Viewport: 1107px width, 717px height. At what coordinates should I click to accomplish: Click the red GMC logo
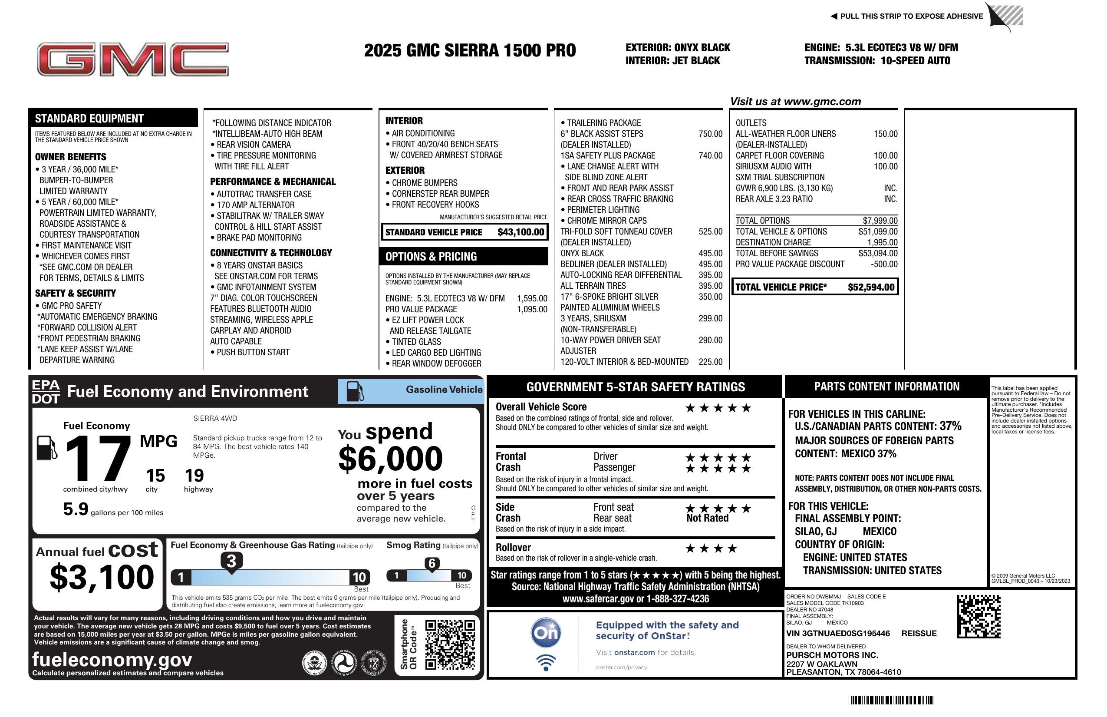tap(132, 59)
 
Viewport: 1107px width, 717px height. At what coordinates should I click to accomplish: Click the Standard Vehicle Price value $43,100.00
tap(521, 232)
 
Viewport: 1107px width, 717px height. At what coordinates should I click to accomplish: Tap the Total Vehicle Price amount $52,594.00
tap(871, 287)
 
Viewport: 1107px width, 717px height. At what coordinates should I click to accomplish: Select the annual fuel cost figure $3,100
tap(102, 578)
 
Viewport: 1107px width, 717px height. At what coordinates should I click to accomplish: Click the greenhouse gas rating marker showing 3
tap(231, 561)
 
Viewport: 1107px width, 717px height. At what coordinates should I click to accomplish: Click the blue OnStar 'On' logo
tap(546, 633)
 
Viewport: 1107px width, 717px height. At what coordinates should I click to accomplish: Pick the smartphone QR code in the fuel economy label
tap(450, 644)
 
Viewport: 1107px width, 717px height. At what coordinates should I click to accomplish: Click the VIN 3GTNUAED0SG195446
tap(838, 634)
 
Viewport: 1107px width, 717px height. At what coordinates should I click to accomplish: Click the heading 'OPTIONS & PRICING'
tap(431, 257)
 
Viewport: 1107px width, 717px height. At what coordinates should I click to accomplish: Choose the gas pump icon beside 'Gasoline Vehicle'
tap(356, 391)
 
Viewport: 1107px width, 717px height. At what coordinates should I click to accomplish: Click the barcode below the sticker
tap(890, 700)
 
